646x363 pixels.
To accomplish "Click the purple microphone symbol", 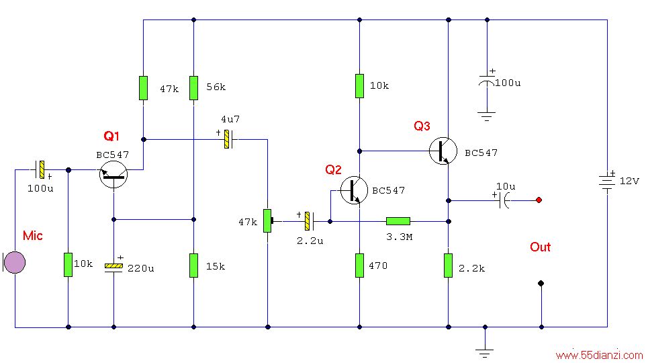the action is [15, 262].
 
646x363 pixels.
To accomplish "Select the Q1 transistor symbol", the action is [113, 175].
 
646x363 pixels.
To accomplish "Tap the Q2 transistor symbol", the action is [354, 190].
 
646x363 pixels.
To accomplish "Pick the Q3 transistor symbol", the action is [443, 151].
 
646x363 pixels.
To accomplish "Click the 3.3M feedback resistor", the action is [398, 222].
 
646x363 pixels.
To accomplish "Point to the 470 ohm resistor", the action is [360, 266].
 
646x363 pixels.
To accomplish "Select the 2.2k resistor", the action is [449, 266].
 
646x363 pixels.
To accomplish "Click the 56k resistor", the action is [193, 88].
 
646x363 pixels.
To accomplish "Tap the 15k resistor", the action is [193, 266].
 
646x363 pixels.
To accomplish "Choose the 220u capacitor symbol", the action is [113, 266].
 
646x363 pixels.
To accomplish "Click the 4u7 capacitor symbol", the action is [227, 139].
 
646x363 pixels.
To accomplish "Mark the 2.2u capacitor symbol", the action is [308, 221].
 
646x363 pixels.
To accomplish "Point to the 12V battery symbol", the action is [607, 182].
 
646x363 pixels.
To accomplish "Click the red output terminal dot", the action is [539, 200].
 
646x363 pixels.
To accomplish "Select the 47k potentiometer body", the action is [267, 220].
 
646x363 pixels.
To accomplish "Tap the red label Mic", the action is [32, 235].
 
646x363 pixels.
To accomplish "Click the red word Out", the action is [540, 247].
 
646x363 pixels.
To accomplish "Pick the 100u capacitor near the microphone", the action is [40, 169].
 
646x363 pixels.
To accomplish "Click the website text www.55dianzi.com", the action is [599, 355].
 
